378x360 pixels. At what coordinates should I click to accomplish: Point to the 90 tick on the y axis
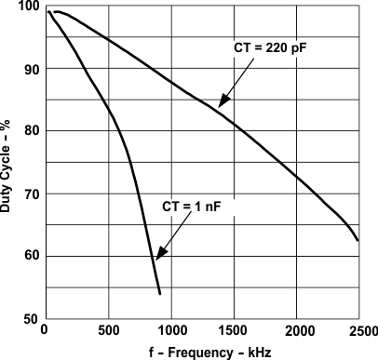[31, 69]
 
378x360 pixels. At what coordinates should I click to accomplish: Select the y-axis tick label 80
[31, 131]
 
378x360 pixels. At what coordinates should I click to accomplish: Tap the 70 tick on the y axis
[31, 193]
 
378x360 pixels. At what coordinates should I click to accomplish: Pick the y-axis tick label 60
[31, 256]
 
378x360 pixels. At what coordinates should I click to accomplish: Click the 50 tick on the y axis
[31, 318]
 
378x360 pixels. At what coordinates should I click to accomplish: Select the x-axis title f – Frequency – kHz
[202, 352]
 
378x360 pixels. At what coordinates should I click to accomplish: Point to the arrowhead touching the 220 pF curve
[221, 105]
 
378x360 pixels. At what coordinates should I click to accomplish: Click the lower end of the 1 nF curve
[160, 294]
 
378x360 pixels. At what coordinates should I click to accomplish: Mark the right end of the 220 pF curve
[358, 240]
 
